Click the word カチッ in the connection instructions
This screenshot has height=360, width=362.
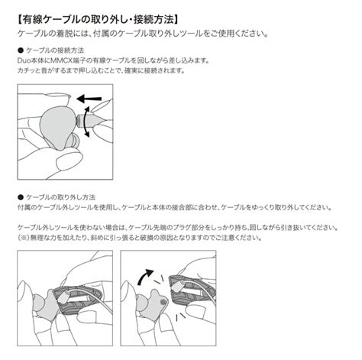[x=27, y=70]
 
